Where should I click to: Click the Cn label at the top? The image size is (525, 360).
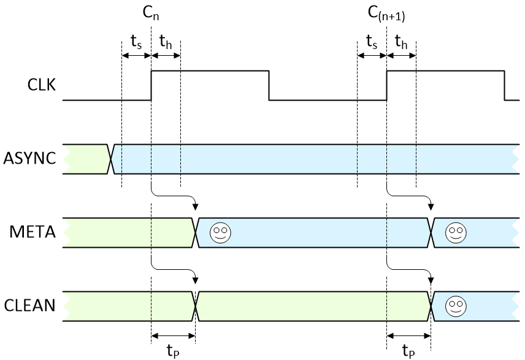pyautogui.click(x=151, y=12)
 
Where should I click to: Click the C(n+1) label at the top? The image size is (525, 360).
pyautogui.click(x=387, y=13)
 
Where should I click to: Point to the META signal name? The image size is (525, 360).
pyautogui.click(x=34, y=232)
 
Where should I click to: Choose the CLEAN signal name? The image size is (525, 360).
pyautogui.click(x=30, y=305)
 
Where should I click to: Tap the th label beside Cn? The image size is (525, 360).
pyautogui.click(x=166, y=42)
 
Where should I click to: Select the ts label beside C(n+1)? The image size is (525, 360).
pyautogui.click(x=372, y=42)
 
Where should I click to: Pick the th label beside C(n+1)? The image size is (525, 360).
pyautogui.click(x=401, y=42)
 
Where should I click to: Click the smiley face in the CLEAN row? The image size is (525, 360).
pyautogui.click(x=454, y=305)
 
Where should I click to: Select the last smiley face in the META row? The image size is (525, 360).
pyautogui.click(x=454, y=232)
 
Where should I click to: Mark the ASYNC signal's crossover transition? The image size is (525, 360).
pyautogui.click(x=111, y=159)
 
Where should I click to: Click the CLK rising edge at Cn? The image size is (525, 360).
pyautogui.click(x=151, y=86)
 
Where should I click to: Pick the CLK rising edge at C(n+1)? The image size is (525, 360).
pyautogui.click(x=387, y=86)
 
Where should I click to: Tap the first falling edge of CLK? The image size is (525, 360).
pyautogui.click(x=269, y=86)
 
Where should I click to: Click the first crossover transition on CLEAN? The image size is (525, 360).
pyautogui.click(x=196, y=305)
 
